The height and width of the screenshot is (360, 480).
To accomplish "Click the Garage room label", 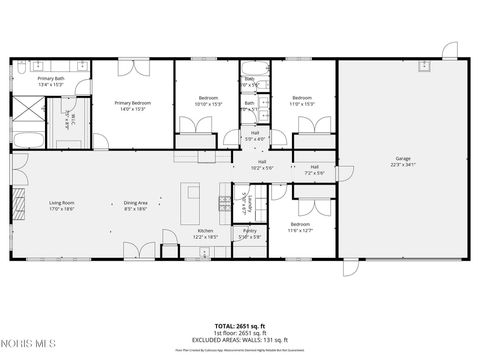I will [403, 160].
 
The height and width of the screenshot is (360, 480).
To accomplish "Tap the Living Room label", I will [62, 205].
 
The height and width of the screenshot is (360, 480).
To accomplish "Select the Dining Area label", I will [135, 205].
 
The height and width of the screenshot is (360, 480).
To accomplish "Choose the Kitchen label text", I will [205, 233].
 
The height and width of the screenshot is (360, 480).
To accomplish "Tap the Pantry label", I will [250, 235].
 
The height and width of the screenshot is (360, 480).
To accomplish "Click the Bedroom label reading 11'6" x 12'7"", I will [302, 226].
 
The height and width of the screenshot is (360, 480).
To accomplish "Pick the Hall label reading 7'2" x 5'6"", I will [314, 169].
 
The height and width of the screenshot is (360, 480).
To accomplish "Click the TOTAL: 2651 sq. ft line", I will [239, 326].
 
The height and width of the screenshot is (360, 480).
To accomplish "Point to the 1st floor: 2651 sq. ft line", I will [239, 333].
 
